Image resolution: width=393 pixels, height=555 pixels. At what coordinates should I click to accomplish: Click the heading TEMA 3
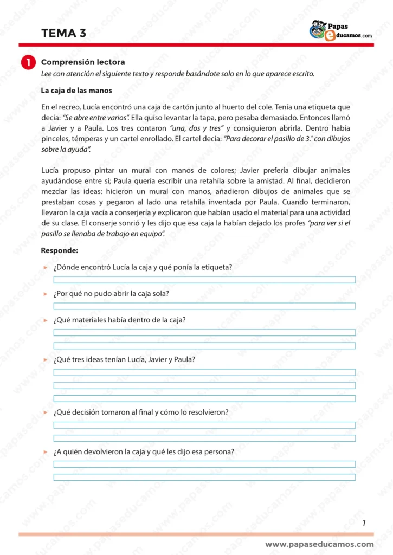pos(63,33)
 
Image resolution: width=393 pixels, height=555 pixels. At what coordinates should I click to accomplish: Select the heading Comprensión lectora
pos(83,62)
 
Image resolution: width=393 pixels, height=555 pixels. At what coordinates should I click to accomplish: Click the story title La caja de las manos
pos(76,91)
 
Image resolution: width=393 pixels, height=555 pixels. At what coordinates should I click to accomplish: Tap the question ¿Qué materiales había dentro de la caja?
pos(120,320)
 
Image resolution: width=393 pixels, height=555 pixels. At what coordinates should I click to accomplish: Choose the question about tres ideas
pos(124,359)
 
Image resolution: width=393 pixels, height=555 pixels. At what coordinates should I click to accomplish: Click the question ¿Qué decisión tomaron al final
pos(141,412)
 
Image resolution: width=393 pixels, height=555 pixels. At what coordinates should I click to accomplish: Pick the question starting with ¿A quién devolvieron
pos(144,451)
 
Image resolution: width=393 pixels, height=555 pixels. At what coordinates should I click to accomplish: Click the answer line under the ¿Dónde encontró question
pos(204,280)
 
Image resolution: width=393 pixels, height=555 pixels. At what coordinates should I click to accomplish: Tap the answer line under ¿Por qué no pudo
pos(204,306)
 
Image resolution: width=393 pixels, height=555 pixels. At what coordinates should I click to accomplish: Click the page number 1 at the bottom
pos(364,523)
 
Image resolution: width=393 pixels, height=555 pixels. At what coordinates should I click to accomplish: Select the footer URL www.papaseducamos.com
pos(319,544)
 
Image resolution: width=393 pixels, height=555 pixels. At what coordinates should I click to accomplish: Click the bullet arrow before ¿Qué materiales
pos(46,320)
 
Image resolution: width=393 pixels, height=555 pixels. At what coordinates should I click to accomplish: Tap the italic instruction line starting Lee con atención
pos(177,74)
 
